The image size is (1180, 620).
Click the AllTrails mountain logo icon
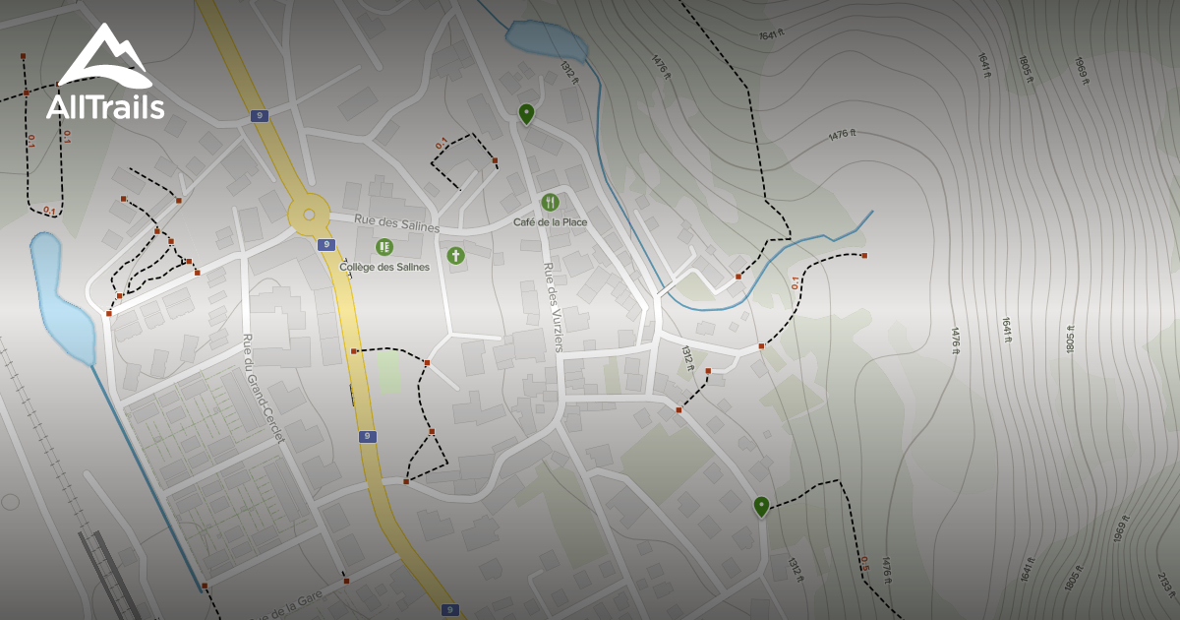[x=105, y=56]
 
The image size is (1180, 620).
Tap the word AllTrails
[x=105, y=106]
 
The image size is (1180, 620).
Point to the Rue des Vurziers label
[x=553, y=306]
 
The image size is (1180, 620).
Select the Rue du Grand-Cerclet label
[x=263, y=388]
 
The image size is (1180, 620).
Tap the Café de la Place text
[x=550, y=222]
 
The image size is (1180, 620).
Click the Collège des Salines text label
[x=384, y=267]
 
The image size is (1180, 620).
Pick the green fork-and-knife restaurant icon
[x=550, y=203]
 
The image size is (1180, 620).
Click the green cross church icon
[x=455, y=256]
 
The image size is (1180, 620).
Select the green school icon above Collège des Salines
[x=384, y=247]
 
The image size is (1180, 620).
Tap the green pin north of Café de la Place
[x=526, y=113]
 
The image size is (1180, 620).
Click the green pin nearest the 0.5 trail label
[x=761, y=506]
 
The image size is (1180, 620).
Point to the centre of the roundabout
[x=309, y=214]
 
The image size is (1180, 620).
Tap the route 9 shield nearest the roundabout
[x=325, y=244]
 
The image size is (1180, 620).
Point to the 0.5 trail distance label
[x=863, y=564]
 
